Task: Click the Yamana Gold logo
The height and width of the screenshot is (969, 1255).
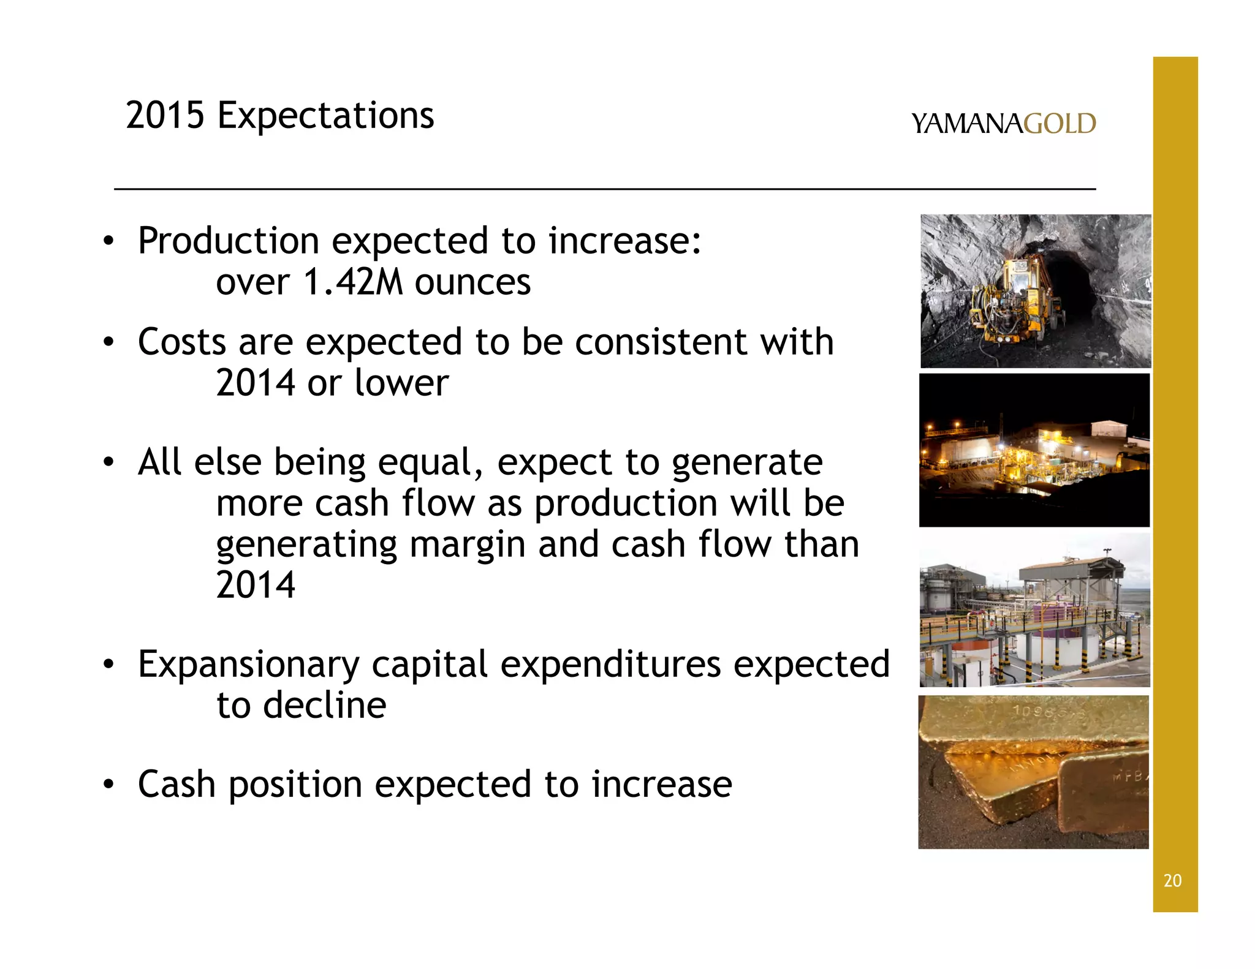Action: point(1003,124)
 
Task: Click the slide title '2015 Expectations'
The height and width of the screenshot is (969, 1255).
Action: point(279,115)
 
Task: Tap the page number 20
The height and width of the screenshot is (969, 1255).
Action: point(1172,881)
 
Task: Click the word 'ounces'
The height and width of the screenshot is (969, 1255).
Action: point(472,284)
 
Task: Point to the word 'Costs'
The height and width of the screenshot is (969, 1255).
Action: point(181,342)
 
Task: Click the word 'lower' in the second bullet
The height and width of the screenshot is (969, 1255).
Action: point(401,383)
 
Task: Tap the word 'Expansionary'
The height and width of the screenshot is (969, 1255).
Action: point(249,665)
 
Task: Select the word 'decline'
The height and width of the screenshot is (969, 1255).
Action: point(325,706)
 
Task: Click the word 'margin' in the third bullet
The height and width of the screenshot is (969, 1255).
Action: point(467,545)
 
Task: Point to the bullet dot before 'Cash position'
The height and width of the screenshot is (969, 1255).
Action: point(108,785)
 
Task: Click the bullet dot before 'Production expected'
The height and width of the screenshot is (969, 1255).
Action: point(108,241)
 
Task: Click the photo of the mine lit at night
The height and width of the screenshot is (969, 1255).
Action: point(1034,451)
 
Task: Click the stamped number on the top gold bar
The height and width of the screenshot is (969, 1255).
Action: point(1036,713)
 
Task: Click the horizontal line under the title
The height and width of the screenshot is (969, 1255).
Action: point(604,189)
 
